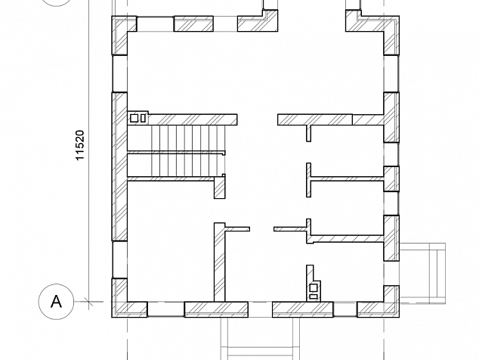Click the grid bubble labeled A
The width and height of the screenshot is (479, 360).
[x=56, y=302]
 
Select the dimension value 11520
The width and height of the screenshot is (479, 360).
[x=80, y=145]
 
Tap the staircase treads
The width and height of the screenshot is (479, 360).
[x=188, y=151]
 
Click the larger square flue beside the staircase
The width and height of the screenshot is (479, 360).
[x=134, y=119]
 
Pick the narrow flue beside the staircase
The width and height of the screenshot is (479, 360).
[x=144, y=119]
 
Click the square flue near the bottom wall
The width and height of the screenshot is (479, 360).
[x=314, y=288]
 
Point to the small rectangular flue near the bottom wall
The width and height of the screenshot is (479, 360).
[x=314, y=296]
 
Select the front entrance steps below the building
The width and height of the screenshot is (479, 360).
[x=260, y=339]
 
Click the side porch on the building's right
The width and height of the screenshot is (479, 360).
[x=422, y=274]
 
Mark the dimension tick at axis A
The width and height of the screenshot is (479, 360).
[x=88, y=302]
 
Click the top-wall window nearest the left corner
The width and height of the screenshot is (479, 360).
[x=155, y=24]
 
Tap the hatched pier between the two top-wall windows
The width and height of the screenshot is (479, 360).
[x=193, y=24]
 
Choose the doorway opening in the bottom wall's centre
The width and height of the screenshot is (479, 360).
[x=260, y=309]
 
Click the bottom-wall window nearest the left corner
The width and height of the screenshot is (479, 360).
[x=166, y=309]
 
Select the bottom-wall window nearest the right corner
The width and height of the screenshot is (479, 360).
[x=345, y=309]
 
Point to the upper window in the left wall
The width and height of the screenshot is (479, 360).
[x=119, y=73]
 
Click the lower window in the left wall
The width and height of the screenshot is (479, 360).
[x=119, y=259]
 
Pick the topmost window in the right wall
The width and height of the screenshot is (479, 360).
[x=391, y=73]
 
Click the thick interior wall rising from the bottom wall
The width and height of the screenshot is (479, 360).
[x=219, y=262]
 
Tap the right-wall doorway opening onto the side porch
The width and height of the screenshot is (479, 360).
[x=391, y=274]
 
